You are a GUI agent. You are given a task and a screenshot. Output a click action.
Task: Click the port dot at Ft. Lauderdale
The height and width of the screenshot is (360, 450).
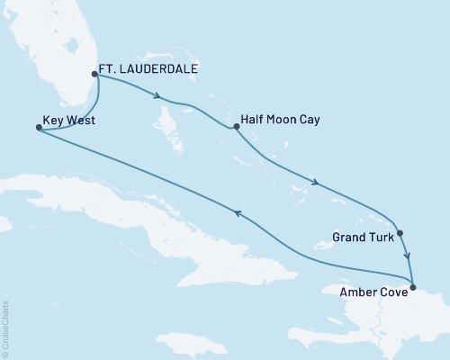(95, 75)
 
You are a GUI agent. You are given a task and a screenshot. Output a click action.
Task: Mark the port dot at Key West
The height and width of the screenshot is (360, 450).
(38, 128)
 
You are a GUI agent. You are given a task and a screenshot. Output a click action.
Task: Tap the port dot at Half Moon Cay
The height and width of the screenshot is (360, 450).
(236, 127)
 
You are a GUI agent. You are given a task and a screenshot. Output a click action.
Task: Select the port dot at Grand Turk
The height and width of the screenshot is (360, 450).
(400, 233)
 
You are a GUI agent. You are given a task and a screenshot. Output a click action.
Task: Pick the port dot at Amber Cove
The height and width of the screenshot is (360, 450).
(412, 287)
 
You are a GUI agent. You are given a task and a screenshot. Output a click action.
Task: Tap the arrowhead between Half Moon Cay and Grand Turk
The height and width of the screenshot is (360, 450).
(316, 184)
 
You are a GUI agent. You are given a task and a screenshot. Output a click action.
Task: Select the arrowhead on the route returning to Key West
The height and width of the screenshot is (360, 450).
(237, 212)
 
